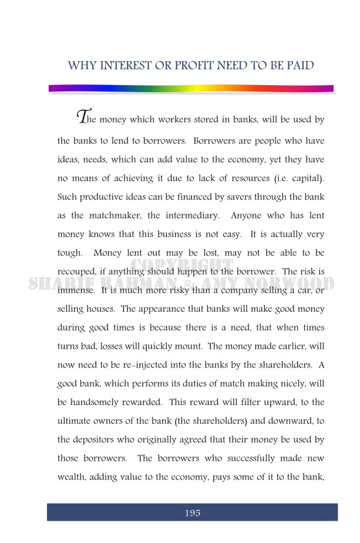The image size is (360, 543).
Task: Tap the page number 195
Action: [193, 513]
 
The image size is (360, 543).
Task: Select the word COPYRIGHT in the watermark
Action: [180, 267]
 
